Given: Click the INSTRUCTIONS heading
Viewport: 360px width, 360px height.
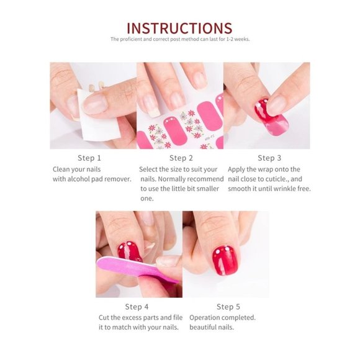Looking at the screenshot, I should [179, 28].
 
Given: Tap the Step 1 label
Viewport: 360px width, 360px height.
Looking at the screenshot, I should [90, 158].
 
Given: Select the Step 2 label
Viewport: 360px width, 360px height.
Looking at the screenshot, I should [181, 158].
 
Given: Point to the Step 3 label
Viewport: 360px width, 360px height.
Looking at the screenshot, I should [269, 158].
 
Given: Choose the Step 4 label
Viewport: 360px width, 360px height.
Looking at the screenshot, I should [137, 307].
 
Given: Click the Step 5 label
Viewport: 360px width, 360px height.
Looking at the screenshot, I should [228, 307].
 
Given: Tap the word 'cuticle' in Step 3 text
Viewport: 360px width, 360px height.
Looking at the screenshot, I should [277, 179].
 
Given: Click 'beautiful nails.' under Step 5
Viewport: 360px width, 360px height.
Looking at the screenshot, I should [212, 327].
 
